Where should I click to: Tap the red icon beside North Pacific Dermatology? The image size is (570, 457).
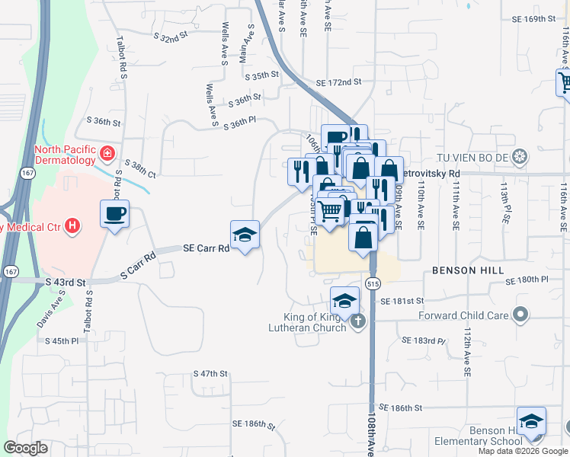tap(108, 154)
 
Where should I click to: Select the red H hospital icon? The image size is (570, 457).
tap(72, 225)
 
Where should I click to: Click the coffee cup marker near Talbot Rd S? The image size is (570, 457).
tap(114, 213)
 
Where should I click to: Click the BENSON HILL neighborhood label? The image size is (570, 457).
tap(465, 270)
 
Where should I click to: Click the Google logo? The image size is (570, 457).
tap(26, 448)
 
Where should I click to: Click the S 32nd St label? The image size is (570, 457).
tap(170, 37)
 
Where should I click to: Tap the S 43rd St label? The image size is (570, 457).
tap(64, 281)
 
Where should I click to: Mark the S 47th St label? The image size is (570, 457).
tap(211, 374)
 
